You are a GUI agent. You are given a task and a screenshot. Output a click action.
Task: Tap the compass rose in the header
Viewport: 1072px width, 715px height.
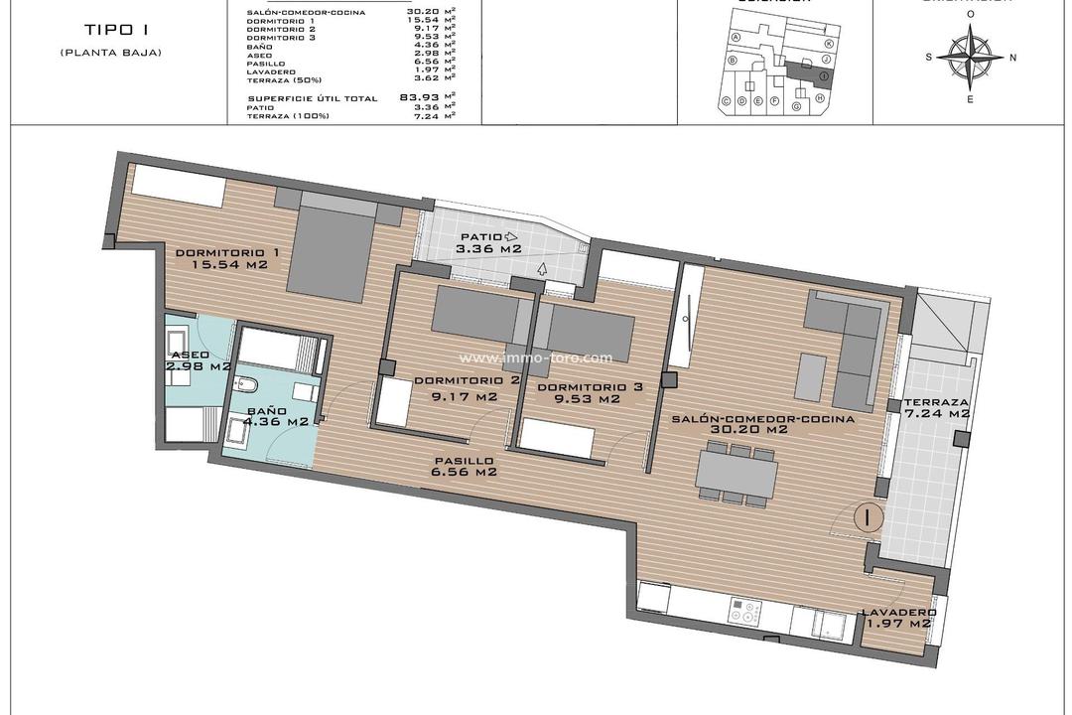point(970,56)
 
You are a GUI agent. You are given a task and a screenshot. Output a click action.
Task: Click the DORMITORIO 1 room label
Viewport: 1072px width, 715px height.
point(226,259)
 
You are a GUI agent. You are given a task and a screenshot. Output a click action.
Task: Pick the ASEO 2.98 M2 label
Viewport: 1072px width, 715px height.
point(201,359)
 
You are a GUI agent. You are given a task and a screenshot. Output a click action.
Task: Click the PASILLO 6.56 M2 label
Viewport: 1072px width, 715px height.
point(463,467)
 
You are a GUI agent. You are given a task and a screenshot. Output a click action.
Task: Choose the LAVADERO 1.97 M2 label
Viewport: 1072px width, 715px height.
point(897,617)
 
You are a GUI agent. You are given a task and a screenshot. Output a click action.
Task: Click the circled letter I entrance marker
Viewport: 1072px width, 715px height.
point(867,517)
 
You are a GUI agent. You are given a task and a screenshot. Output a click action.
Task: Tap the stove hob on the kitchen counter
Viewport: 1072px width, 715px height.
point(744,613)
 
